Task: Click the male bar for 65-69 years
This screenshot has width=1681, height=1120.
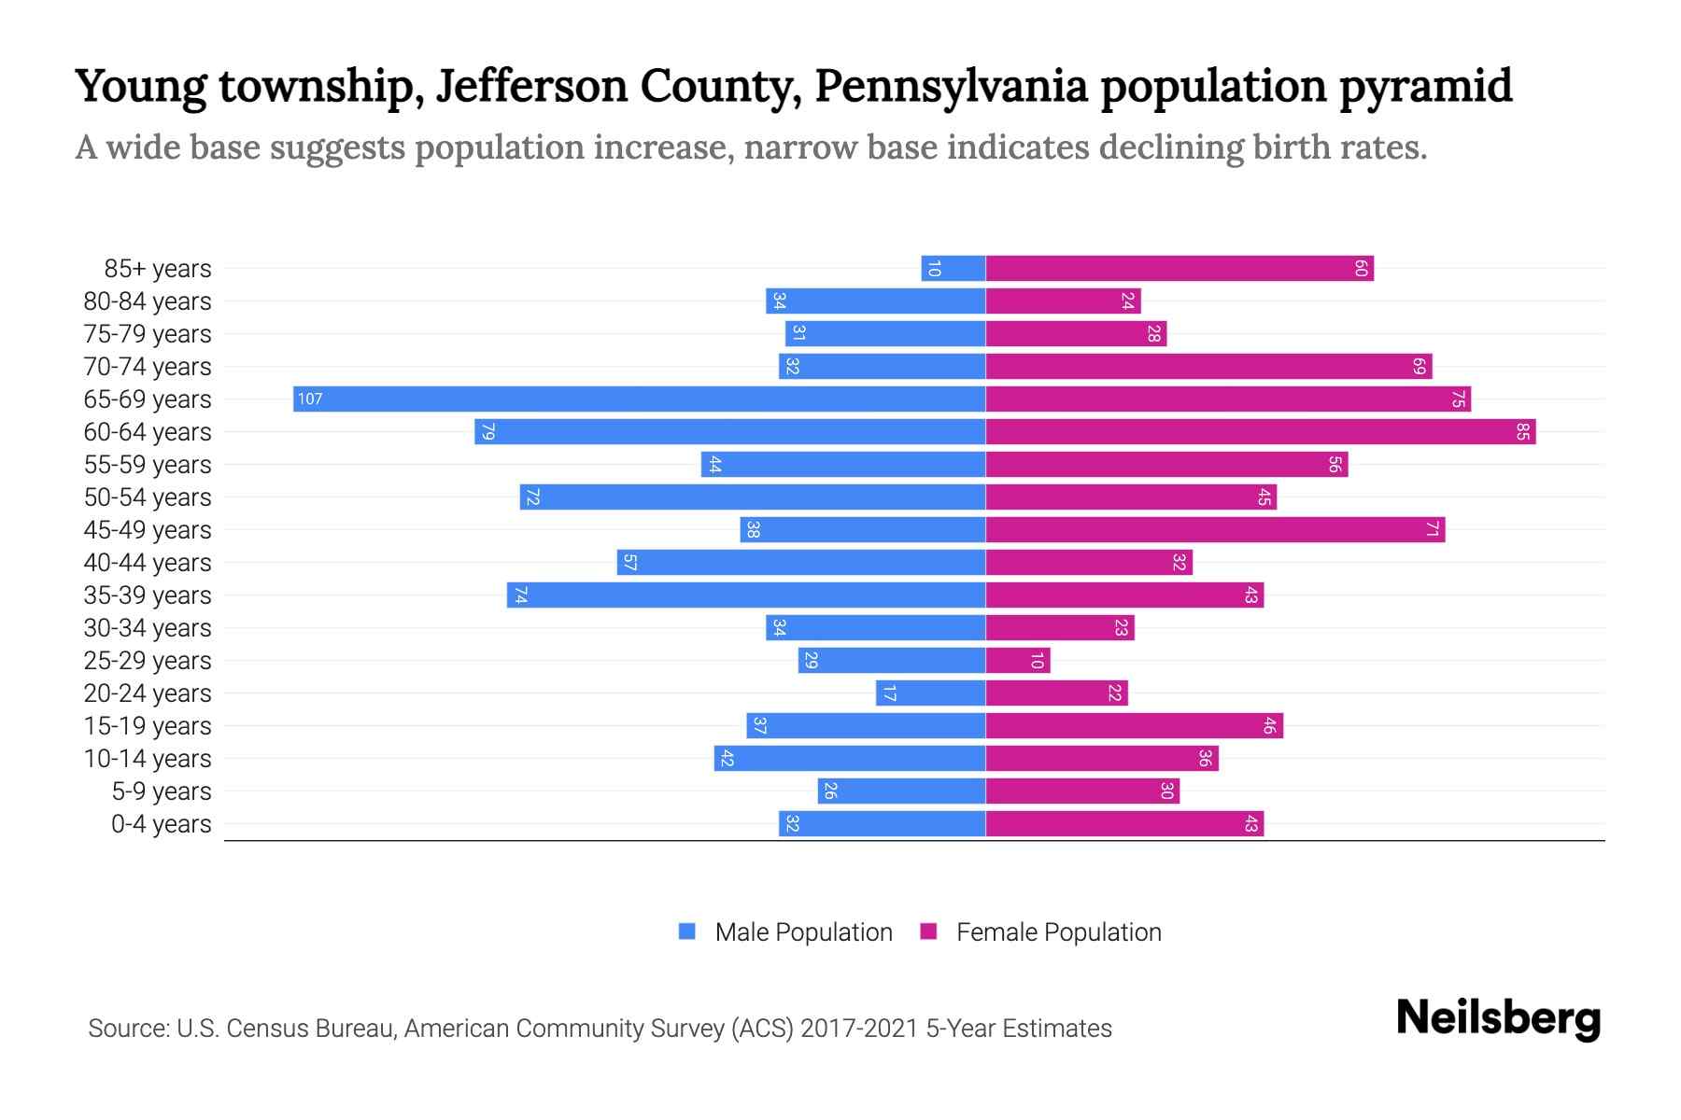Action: [639, 399]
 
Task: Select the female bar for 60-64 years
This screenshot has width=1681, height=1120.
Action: [1261, 432]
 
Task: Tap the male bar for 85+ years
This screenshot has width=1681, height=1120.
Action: [953, 269]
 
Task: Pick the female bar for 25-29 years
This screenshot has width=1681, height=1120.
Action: [1018, 661]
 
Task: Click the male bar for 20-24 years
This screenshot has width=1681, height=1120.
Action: [930, 693]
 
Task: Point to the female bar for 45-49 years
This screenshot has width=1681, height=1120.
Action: [1214, 530]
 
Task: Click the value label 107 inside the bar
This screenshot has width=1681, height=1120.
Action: [309, 399]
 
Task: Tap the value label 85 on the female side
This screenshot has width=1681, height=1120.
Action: [1522, 432]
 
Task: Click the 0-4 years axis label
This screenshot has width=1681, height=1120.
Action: [161, 824]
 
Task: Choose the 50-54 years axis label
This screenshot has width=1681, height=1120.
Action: [148, 497]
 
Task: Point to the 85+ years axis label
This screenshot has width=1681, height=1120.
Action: [158, 269]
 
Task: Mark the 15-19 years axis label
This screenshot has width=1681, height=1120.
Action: [148, 726]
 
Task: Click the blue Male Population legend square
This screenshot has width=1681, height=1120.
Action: [687, 931]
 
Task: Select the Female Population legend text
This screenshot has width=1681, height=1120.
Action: [1058, 932]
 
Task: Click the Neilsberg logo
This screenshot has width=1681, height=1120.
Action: [1498, 1018]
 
